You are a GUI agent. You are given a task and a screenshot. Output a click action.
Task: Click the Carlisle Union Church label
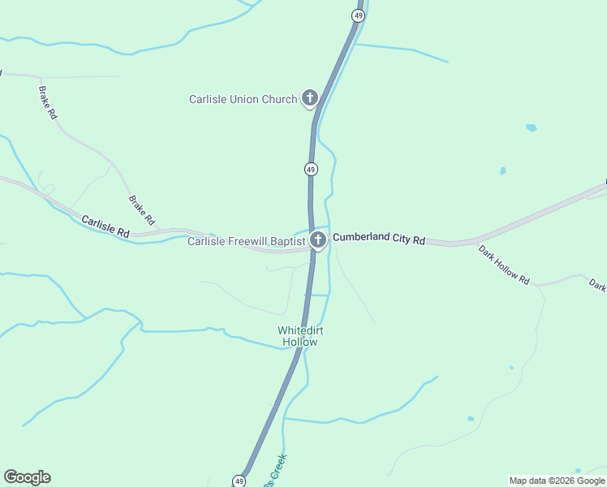(x=243, y=100)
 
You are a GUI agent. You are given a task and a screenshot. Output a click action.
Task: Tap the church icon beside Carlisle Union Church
(x=309, y=99)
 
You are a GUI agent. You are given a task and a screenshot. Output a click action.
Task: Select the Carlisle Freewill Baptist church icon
(x=318, y=240)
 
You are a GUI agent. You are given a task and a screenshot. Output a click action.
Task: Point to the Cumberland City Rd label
(x=379, y=240)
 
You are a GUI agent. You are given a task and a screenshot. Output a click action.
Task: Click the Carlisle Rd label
(x=105, y=226)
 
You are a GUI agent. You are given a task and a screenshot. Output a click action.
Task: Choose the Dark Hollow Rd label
(x=504, y=265)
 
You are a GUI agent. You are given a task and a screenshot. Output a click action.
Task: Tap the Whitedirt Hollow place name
(x=297, y=336)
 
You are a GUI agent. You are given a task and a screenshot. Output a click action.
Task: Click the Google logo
(x=27, y=477)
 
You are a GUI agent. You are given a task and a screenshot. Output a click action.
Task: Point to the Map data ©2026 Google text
(x=556, y=481)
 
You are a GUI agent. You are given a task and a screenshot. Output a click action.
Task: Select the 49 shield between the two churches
(x=311, y=169)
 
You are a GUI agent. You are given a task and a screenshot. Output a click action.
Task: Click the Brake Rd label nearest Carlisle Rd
(x=141, y=210)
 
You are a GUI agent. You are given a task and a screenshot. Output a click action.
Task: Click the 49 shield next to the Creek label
(x=239, y=481)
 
